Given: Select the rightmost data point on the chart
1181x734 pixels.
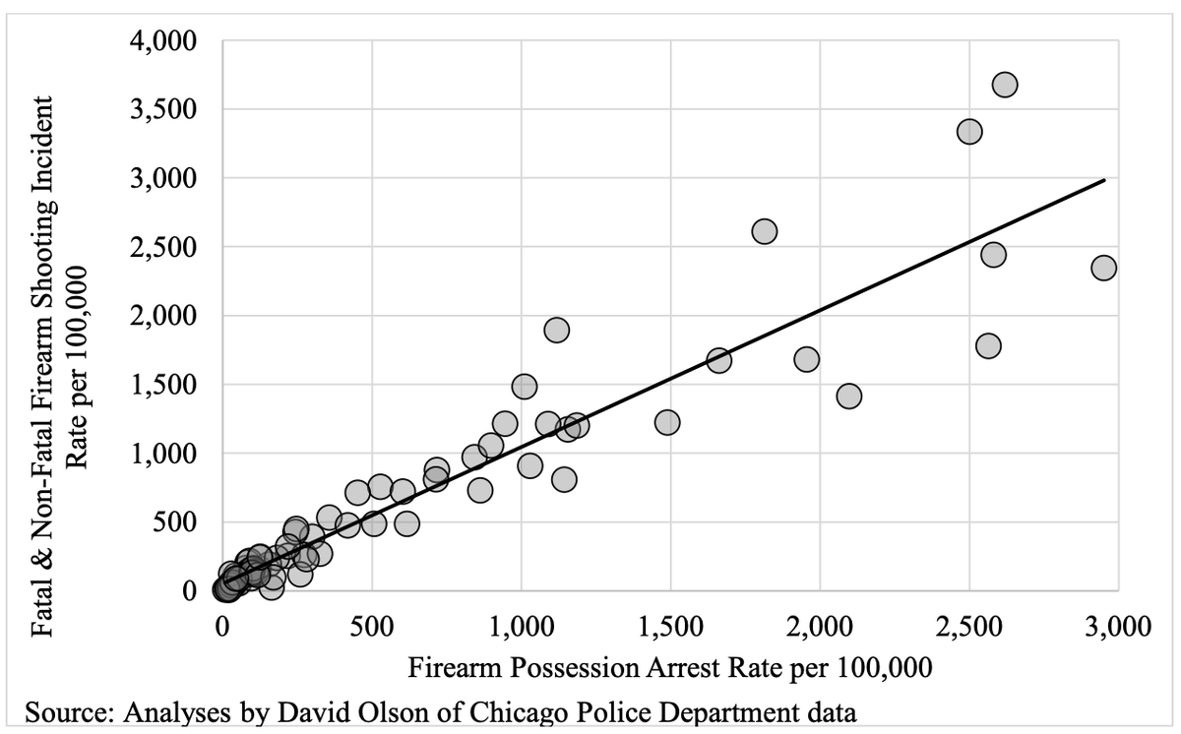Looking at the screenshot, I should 1103,268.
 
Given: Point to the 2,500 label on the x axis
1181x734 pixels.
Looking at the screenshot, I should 969,627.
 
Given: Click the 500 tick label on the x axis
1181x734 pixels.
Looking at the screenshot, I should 372,627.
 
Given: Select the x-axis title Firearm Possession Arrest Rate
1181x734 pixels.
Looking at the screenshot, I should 668,667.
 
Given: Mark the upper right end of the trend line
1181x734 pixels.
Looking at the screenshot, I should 1104,180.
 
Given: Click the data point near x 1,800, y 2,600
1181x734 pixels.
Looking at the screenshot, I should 764,231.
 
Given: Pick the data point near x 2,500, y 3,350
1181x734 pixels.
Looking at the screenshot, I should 969,131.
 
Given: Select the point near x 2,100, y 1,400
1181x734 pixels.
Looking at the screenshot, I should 848,396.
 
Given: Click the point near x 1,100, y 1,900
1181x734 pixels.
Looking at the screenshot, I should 556,330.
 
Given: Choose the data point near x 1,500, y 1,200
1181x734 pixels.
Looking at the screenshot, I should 667,422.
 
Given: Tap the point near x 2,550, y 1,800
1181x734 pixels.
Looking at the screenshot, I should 988,345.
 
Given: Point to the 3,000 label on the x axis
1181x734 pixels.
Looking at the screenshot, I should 1118,627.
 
